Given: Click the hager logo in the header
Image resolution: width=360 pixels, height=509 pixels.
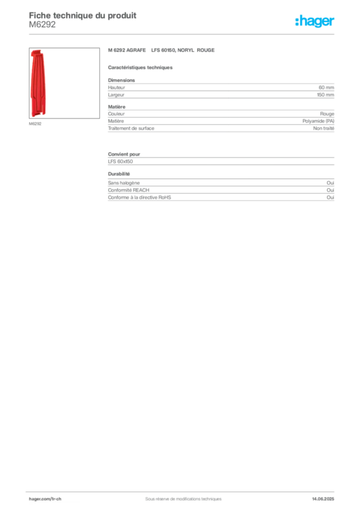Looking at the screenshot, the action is coord(315,21).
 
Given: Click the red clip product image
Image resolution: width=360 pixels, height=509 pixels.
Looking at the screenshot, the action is coord(38,83).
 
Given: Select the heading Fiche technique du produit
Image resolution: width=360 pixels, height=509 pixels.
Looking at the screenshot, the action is coord(83,15).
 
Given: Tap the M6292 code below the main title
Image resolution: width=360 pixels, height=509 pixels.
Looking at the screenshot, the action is coord(42,25).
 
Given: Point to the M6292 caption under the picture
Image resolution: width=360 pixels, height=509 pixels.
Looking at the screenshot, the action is coord(35,124).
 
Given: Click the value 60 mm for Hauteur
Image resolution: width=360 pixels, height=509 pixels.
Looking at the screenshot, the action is coord(326,87).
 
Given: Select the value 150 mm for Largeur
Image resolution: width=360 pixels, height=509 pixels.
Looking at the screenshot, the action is coord(326,95).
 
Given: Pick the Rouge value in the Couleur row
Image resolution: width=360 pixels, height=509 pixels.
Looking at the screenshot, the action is coord(327,114).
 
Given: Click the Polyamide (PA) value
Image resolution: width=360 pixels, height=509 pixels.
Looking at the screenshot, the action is coord(318,121).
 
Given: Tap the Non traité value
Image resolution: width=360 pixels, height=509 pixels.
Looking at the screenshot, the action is coord(324,128).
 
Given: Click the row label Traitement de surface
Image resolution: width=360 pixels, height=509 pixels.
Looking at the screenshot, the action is coord(131,128).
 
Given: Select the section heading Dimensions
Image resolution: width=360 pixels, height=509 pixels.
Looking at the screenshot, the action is coord(121,80).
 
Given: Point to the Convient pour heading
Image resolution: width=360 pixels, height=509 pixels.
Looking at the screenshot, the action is coord(124,154).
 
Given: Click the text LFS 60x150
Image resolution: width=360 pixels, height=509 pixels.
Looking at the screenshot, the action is coord(120,162).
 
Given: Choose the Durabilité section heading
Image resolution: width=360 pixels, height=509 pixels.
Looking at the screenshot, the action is coord(119,174).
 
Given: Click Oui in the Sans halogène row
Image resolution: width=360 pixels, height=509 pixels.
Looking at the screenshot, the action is coord(331,183).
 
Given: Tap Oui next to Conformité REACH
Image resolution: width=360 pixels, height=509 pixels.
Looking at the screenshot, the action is coord(331,190).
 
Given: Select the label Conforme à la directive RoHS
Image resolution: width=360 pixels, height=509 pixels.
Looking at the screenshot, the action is coord(140,197).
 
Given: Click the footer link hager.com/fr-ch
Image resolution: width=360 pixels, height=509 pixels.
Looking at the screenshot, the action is coord(45,499).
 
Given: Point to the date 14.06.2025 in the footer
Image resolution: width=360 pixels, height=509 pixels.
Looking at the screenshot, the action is coord(323,499).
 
